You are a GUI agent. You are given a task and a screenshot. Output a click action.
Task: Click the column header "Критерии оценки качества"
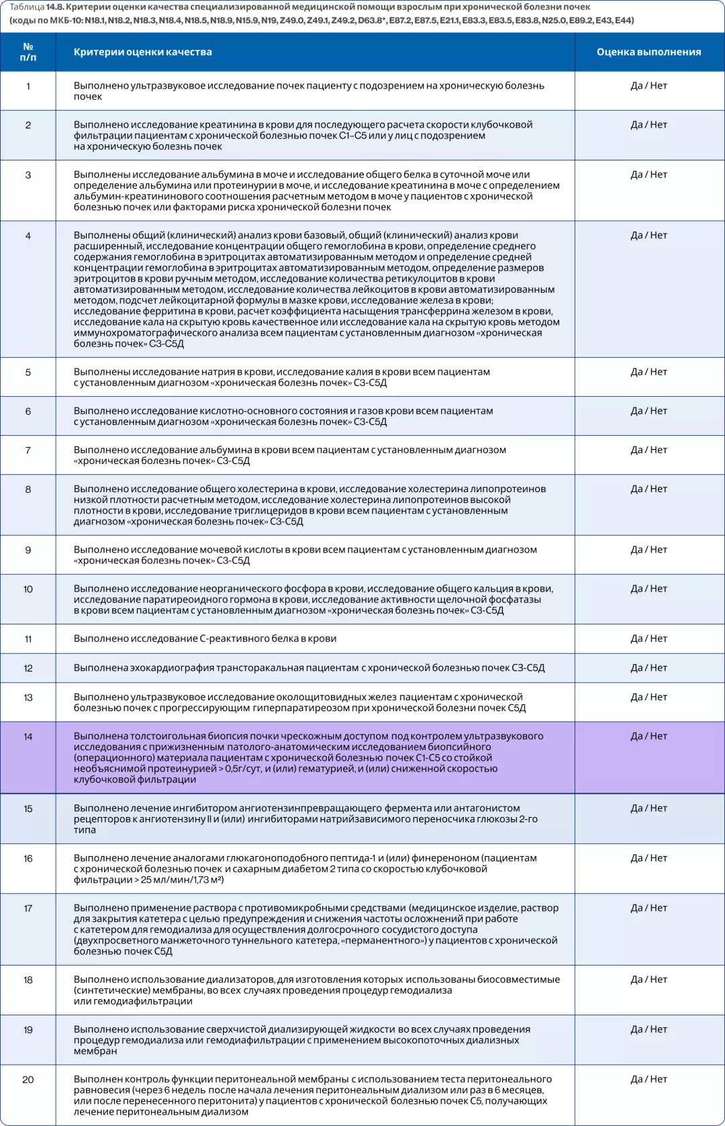142,52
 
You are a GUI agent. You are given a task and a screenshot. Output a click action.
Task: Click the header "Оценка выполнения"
648,52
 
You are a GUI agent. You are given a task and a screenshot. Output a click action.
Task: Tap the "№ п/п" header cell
28,52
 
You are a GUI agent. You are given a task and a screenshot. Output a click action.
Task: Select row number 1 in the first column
28,86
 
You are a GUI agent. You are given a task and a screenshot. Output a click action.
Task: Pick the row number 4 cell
28,236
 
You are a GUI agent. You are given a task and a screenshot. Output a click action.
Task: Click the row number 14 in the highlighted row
28,737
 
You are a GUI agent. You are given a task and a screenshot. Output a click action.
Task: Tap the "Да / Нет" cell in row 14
648,736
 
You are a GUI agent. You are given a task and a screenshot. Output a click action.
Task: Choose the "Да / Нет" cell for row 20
648,1079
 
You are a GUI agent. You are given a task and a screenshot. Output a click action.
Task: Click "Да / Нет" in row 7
648,450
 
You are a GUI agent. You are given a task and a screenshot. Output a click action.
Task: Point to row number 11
28,639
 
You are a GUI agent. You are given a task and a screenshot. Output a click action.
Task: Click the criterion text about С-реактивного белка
205,639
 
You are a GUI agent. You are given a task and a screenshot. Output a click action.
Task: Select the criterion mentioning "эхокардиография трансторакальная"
309,668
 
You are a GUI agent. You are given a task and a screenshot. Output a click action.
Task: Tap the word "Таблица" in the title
27,7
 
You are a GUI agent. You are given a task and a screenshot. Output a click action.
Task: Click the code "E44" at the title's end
623,20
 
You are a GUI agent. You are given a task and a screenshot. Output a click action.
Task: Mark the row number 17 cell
28,908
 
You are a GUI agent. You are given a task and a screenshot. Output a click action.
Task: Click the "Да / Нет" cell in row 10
648,589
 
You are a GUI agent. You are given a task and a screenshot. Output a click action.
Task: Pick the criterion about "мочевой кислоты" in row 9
305,555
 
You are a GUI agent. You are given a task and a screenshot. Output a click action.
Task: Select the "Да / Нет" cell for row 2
648,125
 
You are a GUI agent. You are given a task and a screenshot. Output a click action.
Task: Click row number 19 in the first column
28,1030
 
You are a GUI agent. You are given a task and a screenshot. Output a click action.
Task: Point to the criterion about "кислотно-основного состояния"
283,416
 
